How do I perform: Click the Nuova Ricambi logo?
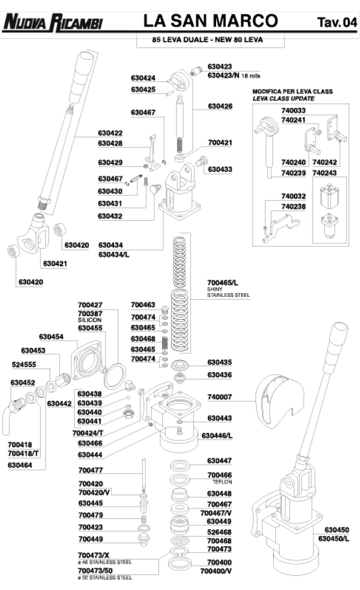coord(53,23)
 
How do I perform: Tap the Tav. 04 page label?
coord(336,23)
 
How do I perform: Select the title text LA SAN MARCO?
coord(210,22)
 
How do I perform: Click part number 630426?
coord(220,106)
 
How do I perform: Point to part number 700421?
coord(220,143)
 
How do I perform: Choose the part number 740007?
coord(220,397)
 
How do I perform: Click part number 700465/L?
coord(223,282)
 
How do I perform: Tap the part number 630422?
coord(110,133)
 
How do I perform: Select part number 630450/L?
coord(337,538)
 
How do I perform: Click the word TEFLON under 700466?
coord(223,481)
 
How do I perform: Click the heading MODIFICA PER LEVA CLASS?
coord(292,91)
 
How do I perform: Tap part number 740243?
coord(325,173)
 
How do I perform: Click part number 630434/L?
coord(114,255)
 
